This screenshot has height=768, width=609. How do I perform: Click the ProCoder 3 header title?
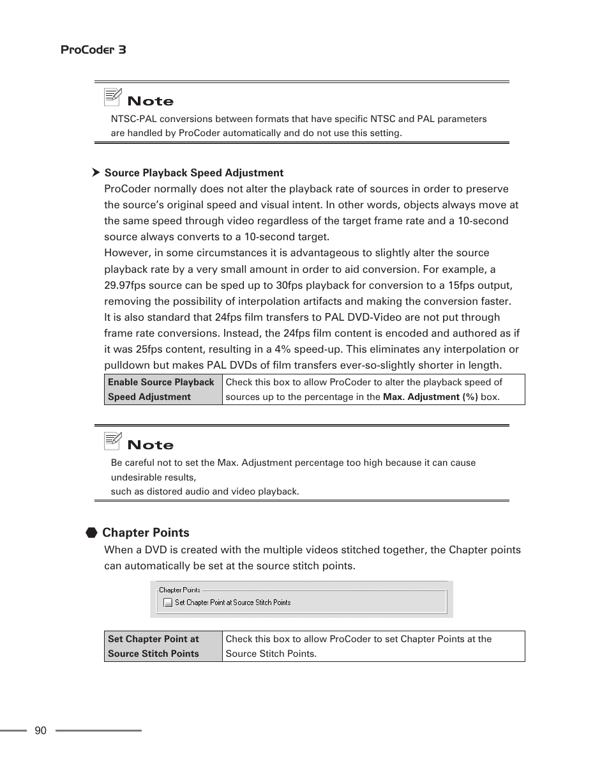[x=93, y=50]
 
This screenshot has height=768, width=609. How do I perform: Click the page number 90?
[x=41, y=731]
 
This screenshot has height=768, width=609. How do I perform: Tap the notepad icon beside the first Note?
[x=113, y=97]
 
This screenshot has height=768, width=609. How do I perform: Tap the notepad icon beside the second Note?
[x=113, y=441]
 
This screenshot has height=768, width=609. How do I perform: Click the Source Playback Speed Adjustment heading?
[x=194, y=173]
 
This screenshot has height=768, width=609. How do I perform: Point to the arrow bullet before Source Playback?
[x=96, y=173]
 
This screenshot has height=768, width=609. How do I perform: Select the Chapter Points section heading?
[x=146, y=532]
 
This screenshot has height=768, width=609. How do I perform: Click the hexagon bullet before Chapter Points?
[x=92, y=532]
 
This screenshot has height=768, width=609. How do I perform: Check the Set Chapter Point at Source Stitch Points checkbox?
[x=167, y=603]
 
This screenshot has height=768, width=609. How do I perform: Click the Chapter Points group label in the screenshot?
[x=179, y=590]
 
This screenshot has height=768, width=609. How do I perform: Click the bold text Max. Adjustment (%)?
[x=430, y=397]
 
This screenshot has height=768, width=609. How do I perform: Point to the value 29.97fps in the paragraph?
[x=124, y=285]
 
